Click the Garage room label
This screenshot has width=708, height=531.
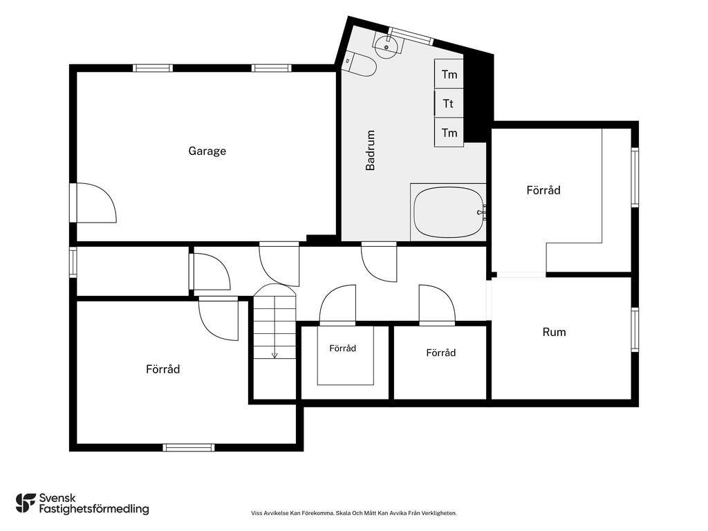click(x=207, y=151)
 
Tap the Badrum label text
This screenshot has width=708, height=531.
click(x=371, y=150)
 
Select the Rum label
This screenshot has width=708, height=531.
click(x=554, y=332)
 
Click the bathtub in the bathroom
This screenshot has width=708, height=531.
click(x=449, y=212)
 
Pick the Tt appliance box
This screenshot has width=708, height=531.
click(x=449, y=104)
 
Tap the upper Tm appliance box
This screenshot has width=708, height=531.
click(x=449, y=73)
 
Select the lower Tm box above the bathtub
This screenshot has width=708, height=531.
click(x=449, y=132)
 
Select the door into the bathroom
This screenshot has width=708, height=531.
click(x=379, y=262)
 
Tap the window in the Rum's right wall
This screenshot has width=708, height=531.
click(x=635, y=330)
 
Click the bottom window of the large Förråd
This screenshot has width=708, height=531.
click(x=189, y=447)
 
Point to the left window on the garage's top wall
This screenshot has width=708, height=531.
click(x=153, y=68)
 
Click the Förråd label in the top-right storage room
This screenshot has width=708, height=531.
click(x=543, y=189)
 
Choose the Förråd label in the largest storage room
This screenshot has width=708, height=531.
click(x=163, y=369)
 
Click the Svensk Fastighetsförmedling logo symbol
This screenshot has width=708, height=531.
click(x=26, y=503)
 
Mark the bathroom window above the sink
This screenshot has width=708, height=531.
click(x=411, y=36)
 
